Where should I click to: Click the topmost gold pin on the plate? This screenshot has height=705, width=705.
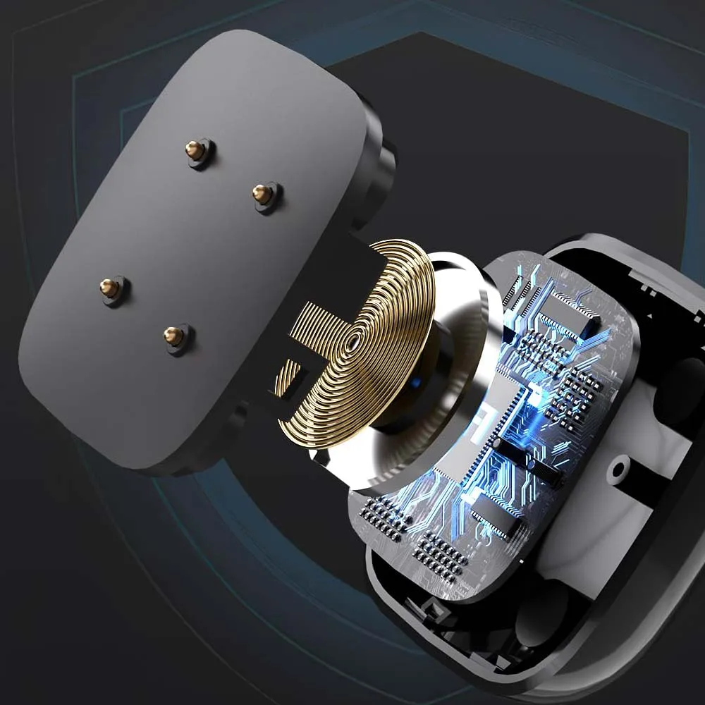coord(195,149)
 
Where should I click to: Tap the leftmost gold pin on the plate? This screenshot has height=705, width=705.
coord(109,287)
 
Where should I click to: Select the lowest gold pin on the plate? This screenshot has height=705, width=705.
coord(173,336)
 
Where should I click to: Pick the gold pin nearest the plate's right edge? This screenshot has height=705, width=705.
coord(262,194)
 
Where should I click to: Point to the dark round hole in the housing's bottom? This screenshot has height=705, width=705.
coord(543,613)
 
